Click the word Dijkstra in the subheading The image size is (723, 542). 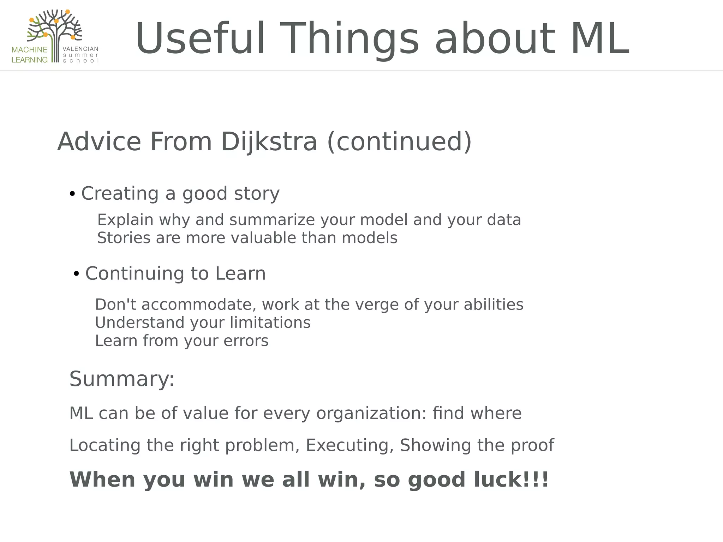click(269, 142)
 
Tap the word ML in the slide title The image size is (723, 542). click(600, 39)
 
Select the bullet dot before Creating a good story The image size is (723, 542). click(72, 194)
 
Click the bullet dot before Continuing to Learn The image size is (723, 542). click(76, 274)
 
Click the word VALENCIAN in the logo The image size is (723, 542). click(80, 49)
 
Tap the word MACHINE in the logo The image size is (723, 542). click(30, 50)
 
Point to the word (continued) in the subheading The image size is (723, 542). click(399, 142)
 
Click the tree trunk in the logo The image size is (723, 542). click(55, 49)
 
